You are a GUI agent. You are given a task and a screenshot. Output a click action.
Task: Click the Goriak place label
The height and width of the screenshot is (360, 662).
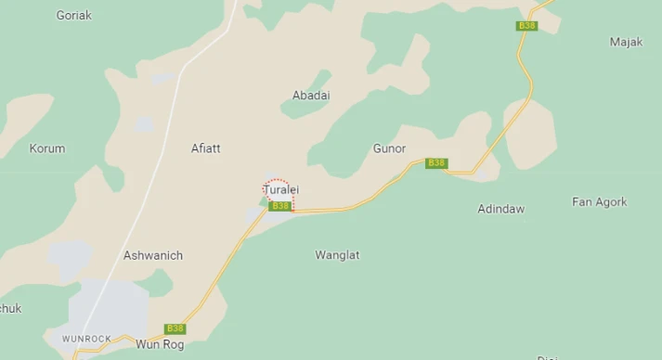pos(74,16)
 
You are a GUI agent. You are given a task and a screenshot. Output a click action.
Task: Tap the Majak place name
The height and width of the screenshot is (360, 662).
pos(626,43)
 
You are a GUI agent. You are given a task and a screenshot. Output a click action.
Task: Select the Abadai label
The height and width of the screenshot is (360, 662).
pos(311,96)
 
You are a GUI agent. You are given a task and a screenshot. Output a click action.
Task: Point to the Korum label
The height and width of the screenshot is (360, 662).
pos(47,148)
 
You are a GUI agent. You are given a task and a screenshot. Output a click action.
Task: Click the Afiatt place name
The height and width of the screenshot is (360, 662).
pos(206,148)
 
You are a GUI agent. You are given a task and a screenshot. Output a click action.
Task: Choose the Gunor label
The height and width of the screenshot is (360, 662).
pos(389,148)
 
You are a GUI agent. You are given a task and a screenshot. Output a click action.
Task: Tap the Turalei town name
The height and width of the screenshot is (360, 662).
pos(281,190)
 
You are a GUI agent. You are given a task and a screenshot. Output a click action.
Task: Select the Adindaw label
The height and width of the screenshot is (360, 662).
pos(500,210)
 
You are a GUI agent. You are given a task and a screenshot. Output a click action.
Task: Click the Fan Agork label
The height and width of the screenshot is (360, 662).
pos(599,202)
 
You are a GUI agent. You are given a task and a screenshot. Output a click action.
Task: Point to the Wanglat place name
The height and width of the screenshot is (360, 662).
pos(337,255)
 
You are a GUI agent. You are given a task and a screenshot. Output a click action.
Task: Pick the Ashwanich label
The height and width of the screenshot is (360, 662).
pos(153,255)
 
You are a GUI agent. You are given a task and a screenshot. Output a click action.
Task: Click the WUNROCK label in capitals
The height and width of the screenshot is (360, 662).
pos(86,339)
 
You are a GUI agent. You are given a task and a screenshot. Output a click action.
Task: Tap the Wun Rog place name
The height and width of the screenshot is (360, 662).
pos(160,345)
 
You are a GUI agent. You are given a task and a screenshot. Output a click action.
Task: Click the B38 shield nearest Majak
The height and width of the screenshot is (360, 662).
pos(527,26)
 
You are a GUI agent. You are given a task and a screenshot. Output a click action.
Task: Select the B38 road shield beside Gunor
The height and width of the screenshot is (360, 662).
pos(436,163)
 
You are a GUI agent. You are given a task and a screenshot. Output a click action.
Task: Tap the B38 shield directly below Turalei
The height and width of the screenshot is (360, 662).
pos(280,206)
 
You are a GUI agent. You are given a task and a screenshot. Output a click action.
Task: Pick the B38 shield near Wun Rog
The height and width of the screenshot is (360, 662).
pos(175,328)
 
